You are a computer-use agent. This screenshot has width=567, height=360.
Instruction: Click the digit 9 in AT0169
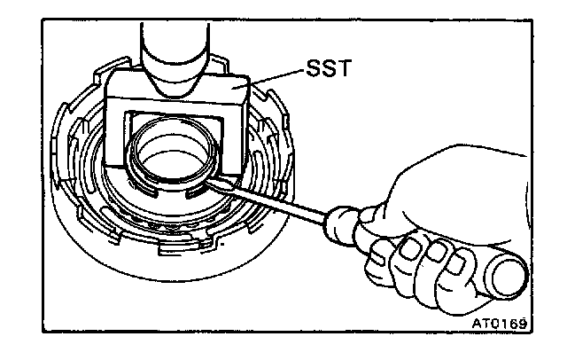[523, 324]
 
